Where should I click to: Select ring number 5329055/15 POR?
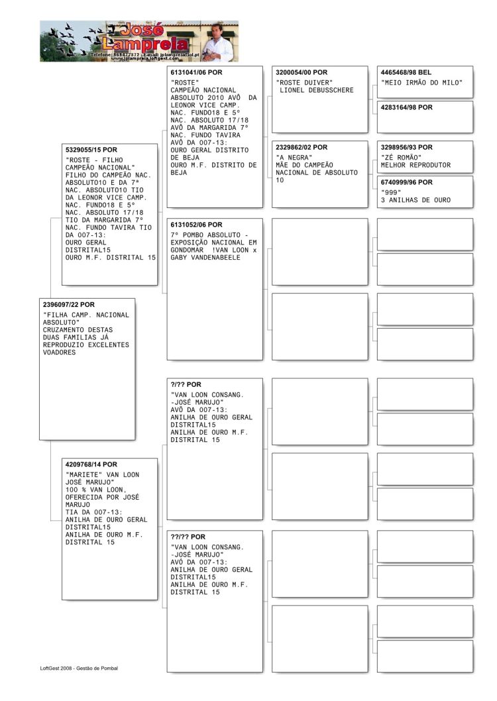(x=91, y=150)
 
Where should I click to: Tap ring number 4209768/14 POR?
(x=91, y=464)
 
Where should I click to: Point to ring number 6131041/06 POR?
(x=197, y=72)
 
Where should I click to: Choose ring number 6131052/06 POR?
(x=197, y=225)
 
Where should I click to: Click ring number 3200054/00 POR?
(x=302, y=72)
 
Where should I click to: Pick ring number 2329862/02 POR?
(x=302, y=147)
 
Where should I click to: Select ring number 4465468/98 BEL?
(x=406, y=72)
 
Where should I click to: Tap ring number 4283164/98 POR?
(x=406, y=107)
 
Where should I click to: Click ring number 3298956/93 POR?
(x=406, y=147)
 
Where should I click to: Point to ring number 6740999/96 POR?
(x=406, y=182)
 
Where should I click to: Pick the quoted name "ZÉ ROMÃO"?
(x=402, y=158)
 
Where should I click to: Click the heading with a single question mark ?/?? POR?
(x=186, y=384)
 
